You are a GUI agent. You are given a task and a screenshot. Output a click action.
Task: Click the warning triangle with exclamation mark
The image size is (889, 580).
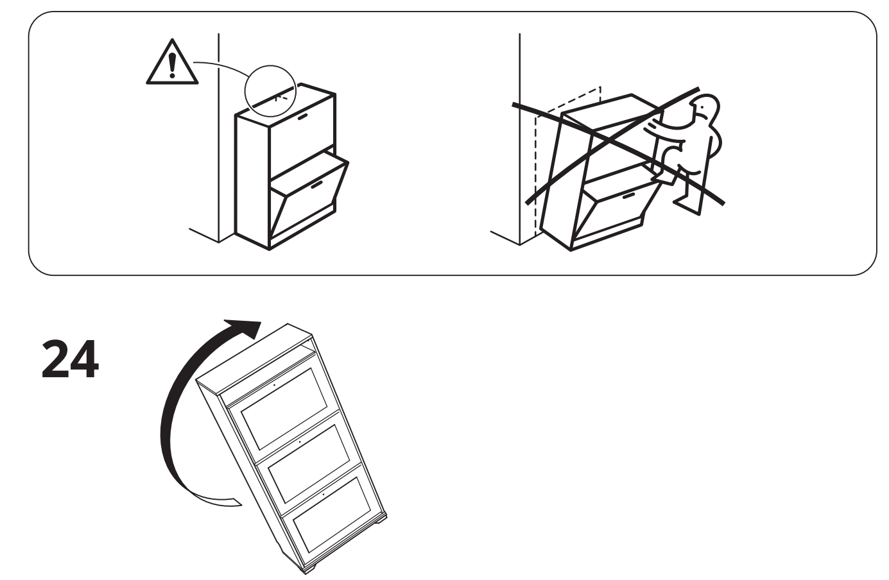click(172, 63)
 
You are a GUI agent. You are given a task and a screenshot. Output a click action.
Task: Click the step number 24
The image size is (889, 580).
click(70, 359)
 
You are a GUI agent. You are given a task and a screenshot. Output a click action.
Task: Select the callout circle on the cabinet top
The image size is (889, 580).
click(270, 91)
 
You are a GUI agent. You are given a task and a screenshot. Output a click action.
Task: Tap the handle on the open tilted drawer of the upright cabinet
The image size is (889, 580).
click(316, 185)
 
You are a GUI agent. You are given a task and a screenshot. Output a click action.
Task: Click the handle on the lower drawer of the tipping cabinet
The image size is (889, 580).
click(628, 196)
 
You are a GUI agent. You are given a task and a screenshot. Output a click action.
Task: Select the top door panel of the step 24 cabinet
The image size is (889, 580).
click(284, 409)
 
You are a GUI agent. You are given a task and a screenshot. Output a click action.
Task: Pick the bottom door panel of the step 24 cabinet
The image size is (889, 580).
click(332, 516)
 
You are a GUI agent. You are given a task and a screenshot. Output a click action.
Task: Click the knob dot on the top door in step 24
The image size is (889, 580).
click(274, 385)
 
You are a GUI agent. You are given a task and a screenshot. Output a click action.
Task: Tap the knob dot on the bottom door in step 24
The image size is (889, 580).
click(324, 494)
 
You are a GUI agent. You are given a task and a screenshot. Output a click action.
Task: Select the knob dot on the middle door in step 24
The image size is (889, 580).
click(300, 441)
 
